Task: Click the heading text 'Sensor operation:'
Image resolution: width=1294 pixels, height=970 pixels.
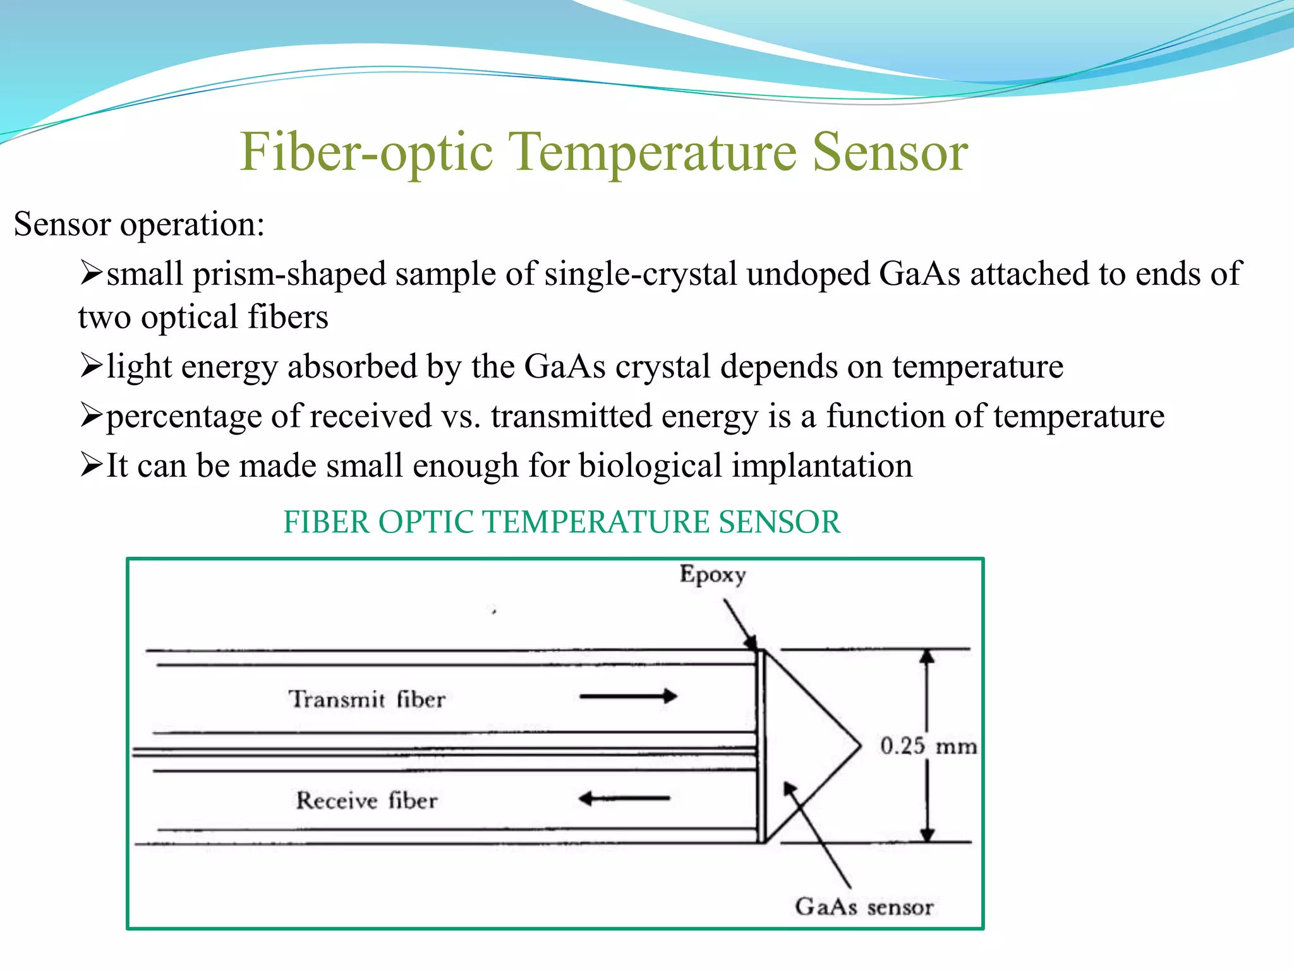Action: [x=139, y=224]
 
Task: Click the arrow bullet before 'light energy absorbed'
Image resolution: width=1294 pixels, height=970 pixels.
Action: [x=91, y=366]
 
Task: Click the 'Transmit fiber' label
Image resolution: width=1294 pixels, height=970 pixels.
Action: [x=366, y=699]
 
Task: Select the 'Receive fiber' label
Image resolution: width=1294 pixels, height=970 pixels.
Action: [x=366, y=801]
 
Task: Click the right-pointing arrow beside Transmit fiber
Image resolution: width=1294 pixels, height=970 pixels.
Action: [x=628, y=697]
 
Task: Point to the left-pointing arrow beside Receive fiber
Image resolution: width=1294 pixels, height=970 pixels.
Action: [x=624, y=799]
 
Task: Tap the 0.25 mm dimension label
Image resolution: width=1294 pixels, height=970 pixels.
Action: [x=928, y=746]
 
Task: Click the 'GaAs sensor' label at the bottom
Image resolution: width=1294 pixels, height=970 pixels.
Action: [x=864, y=907]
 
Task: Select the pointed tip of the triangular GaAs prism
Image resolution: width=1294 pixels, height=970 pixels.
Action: [x=859, y=746]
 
